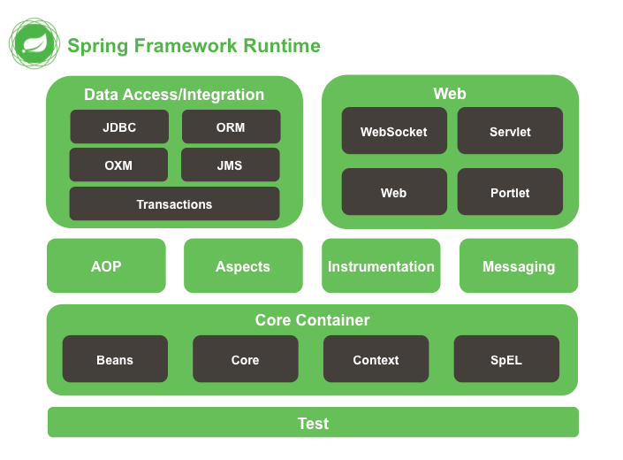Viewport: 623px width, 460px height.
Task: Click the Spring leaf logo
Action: pyautogui.click(x=34, y=43)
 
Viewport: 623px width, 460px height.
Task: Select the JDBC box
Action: pyautogui.click(x=119, y=126)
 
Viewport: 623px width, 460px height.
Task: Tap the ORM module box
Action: pyautogui.click(x=232, y=126)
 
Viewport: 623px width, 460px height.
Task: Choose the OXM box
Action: pyautogui.click(x=118, y=165)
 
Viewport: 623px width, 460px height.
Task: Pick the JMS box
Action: pyautogui.click(x=231, y=165)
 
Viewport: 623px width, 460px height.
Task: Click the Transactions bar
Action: pyautogui.click(x=174, y=204)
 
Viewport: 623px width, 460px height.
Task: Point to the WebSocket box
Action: pyautogui.click(x=394, y=131)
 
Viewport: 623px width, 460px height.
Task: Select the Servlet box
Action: pyautogui.click(x=510, y=131)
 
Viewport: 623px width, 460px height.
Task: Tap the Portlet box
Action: pyautogui.click(x=510, y=192)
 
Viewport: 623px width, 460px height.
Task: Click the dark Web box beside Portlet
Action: pyautogui.click(x=394, y=192)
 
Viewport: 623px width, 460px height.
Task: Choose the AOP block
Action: pyautogui.click(x=106, y=265)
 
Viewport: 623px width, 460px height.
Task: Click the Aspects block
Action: pyautogui.click(x=243, y=265)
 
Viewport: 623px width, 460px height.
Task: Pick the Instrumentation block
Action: pyautogui.click(x=381, y=265)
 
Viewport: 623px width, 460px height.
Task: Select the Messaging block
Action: pyautogui.click(x=519, y=265)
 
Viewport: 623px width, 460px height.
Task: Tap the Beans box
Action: pyautogui.click(x=115, y=359)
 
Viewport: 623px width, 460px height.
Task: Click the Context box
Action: pyautogui.click(x=376, y=359)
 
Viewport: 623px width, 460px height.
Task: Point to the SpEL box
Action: pyautogui.click(x=506, y=359)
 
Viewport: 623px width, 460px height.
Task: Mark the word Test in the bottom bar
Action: pyautogui.click(x=313, y=424)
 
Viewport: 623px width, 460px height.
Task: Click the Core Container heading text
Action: pyautogui.click(x=312, y=320)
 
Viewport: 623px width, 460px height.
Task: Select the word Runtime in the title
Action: pyautogui.click(x=282, y=45)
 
